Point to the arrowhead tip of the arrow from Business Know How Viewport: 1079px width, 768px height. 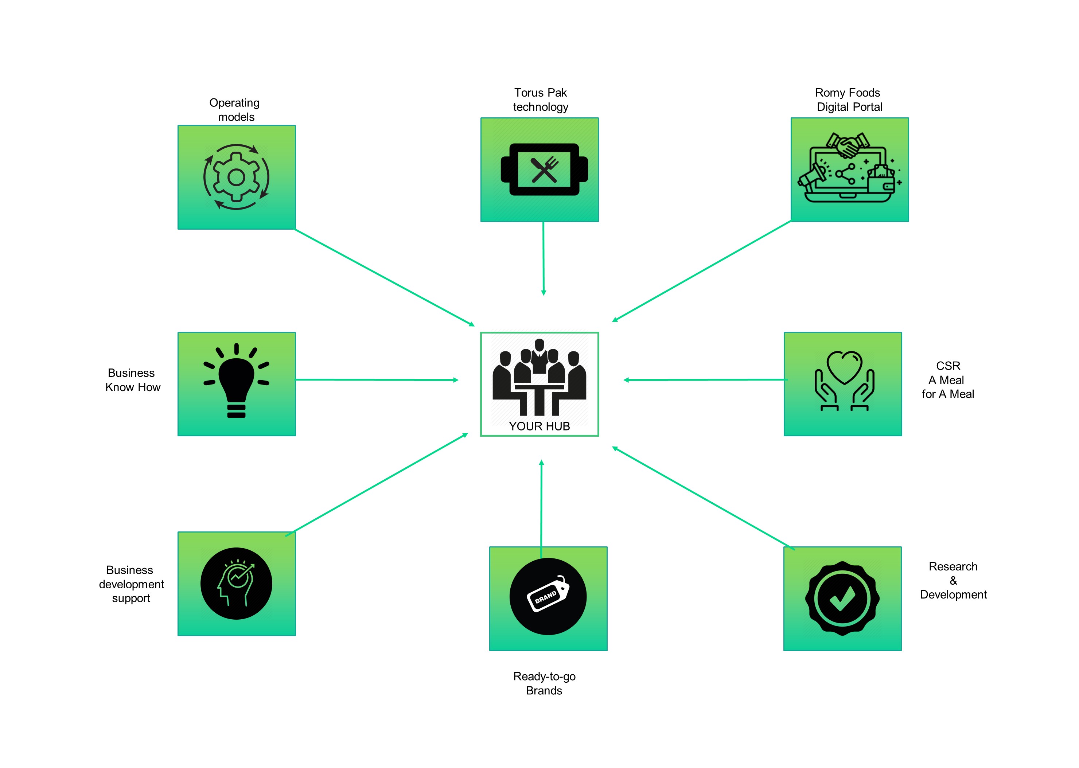459,380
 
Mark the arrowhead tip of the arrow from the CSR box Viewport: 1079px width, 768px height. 623,380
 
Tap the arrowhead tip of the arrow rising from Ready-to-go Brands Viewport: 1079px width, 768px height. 541,460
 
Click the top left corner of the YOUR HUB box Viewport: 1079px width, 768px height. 481,332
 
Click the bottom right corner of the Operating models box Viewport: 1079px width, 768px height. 296,229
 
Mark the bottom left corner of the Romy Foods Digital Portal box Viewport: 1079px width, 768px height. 791,221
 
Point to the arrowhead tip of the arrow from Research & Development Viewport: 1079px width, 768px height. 612,447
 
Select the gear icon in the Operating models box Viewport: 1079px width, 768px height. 237,178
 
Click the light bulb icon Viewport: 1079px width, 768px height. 237,381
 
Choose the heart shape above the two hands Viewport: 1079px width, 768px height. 845,367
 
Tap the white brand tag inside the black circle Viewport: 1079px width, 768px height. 548,594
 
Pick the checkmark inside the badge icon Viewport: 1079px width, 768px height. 842,598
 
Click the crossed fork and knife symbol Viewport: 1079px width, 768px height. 544,170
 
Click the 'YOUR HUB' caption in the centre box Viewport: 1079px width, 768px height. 539,426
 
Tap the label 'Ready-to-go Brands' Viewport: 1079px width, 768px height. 544,683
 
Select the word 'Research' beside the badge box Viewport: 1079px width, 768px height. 953,566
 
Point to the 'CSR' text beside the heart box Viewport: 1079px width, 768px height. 948,366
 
